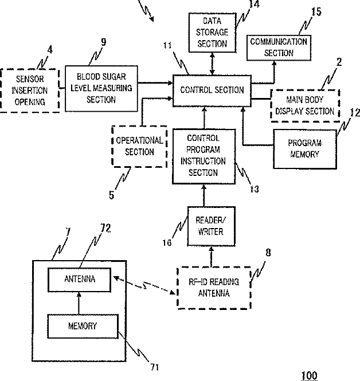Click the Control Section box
(x=212, y=91)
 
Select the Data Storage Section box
(x=212, y=33)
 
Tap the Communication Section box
(x=279, y=48)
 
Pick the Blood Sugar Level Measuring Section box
(x=101, y=88)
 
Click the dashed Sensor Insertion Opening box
(x=30, y=91)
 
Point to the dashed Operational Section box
(x=139, y=146)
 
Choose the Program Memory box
(x=305, y=149)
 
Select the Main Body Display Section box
(x=305, y=105)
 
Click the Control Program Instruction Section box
(x=204, y=156)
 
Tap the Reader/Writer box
(x=211, y=226)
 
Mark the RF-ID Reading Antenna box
(x=214, y=288)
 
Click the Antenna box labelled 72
(x=80, y=280)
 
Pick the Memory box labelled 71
(x=83, y=326)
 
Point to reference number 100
(x=309, y=375)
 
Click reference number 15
(x=316, y=11)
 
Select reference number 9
(x=104, y=42)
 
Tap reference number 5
(x=111, y=195)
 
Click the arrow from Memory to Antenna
(x=79, y=303)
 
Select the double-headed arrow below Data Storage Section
(x=213, y=64)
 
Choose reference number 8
(x=268, y=253)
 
